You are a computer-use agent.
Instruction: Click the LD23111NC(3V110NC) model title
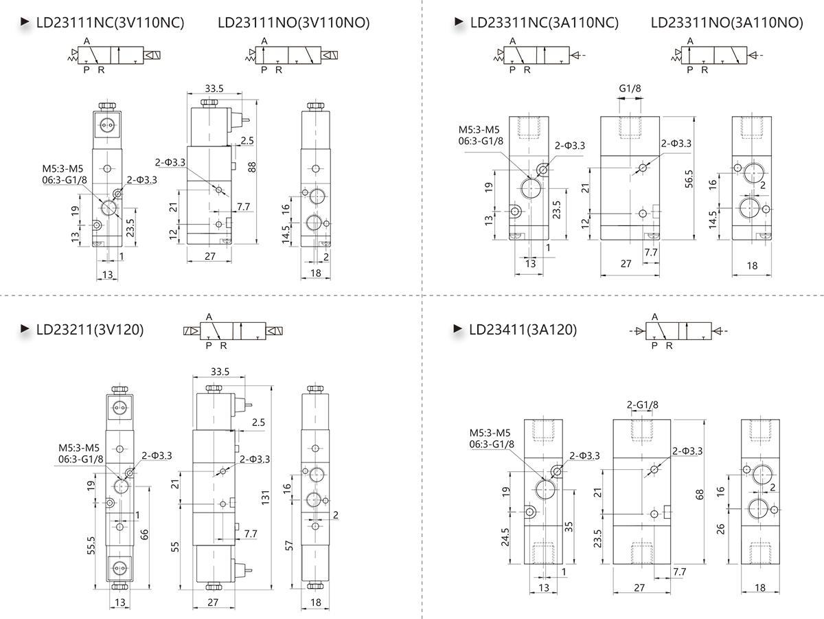click(110, 23)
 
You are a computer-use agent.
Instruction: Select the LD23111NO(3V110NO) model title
click(293, 23)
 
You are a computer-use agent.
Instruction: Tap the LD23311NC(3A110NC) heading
click(544, 23)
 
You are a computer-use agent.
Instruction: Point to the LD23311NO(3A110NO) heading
click(726, 23)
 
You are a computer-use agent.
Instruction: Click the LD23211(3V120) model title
click(90, 330)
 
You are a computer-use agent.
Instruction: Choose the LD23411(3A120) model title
click(523, 330)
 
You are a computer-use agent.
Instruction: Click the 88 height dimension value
click(252, 166)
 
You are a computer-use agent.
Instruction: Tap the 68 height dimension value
click(700, 494)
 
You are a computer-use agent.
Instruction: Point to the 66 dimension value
click(145, 534)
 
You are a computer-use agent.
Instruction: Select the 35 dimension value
click(569, 527)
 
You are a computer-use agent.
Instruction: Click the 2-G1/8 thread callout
click(643, 405)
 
